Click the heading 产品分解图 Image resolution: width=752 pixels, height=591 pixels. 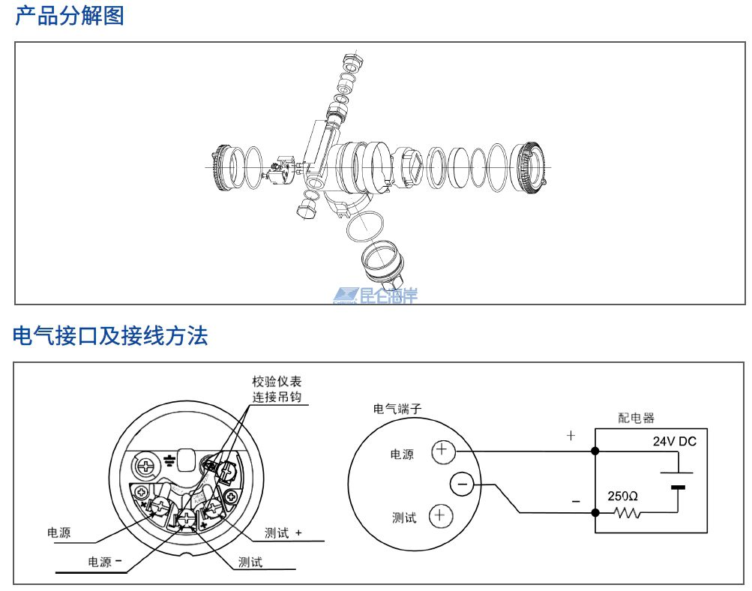pos(69,16)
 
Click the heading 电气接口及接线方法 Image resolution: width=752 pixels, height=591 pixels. pos(110,336)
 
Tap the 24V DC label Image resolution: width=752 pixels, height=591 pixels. pos(674,442)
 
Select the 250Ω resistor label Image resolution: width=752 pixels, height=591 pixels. pos(622,496)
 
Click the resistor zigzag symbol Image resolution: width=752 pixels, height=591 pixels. pos(626,514)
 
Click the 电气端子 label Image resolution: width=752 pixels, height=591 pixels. pos(397,409)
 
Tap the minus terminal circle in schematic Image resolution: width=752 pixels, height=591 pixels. pos(461,485)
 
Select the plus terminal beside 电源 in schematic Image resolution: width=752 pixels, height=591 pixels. pos(442,451)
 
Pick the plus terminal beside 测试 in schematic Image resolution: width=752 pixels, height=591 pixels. pos(440,516)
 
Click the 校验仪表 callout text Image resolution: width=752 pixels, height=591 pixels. pos(277,382)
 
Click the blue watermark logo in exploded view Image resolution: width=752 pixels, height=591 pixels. pos(375,295)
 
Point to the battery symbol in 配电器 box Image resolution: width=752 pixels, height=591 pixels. pos(677,480)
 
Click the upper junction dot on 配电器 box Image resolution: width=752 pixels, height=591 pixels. pos(595,451)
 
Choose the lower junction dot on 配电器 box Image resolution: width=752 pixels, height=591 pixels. pos(595,513)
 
